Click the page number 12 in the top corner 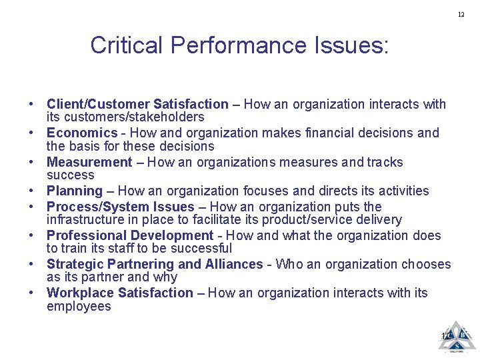[461, 15]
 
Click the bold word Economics [82, 133]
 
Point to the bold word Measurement [89, 163]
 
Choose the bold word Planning [75, 191]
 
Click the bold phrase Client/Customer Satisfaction [137, 104]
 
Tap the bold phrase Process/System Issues [121, 207]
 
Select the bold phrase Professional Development [130, 235]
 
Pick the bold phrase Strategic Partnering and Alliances [155, 264]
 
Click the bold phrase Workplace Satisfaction [120, 293]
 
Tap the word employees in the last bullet [79, 307]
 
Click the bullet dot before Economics [31, 133]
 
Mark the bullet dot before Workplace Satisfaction [31, 293]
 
